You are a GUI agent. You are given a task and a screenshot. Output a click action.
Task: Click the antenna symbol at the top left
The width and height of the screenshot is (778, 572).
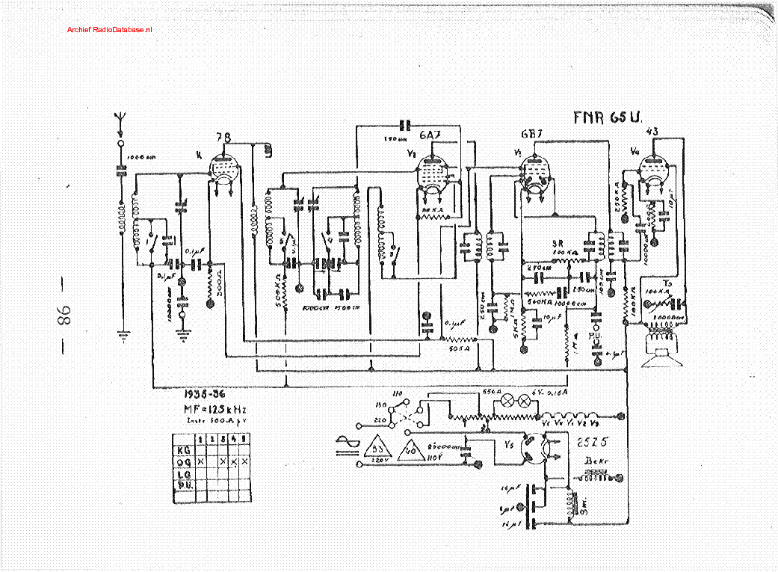pyautogui.click(x=119, y=118)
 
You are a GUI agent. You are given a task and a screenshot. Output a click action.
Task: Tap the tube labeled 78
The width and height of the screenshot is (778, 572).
pyautogui.click(x=223, y=169)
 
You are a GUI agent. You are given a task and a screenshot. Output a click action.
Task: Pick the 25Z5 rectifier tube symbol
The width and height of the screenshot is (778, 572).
pyautogui.click(x=534, y=448)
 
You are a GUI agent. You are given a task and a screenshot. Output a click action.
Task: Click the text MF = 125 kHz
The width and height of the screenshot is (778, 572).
pyautogui.click(x=214, y=410)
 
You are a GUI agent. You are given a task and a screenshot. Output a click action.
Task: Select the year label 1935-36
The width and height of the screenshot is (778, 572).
pyautogui.click(x=205, y=395)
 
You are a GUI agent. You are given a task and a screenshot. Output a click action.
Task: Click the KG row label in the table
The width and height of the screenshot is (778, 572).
pyautogui.click(x=182, y=451)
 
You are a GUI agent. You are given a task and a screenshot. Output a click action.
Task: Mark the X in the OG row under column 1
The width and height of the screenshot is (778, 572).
pyautogui.click(x=200, y=463)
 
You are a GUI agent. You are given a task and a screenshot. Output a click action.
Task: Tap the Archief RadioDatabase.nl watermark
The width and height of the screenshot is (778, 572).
pyautogui.click(x=109, y=29)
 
